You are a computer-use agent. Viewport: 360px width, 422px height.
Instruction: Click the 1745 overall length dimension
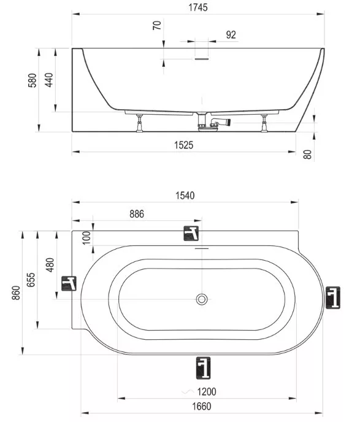click(x=197, y=7)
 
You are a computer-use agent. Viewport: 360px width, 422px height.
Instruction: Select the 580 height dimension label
click(x=33, y=80)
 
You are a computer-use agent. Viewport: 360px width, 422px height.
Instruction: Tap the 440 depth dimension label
click(x=49, y=80)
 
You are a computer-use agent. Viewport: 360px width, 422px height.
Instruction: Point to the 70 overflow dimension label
click(x=157, y=25)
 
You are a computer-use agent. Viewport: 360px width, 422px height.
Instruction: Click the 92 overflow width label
click(x=231, y=35)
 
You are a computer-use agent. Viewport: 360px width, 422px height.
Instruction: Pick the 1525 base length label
click(x=184, y=145)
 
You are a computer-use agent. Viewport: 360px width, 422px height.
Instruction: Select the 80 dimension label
click(x=307, y=155)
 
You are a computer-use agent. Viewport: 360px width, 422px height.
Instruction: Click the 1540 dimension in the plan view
click(x=185, y=196)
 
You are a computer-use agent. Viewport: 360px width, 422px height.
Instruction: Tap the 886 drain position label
click(x=137, y=214)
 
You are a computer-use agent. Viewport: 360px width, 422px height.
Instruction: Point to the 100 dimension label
click(x=86, y=237)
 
